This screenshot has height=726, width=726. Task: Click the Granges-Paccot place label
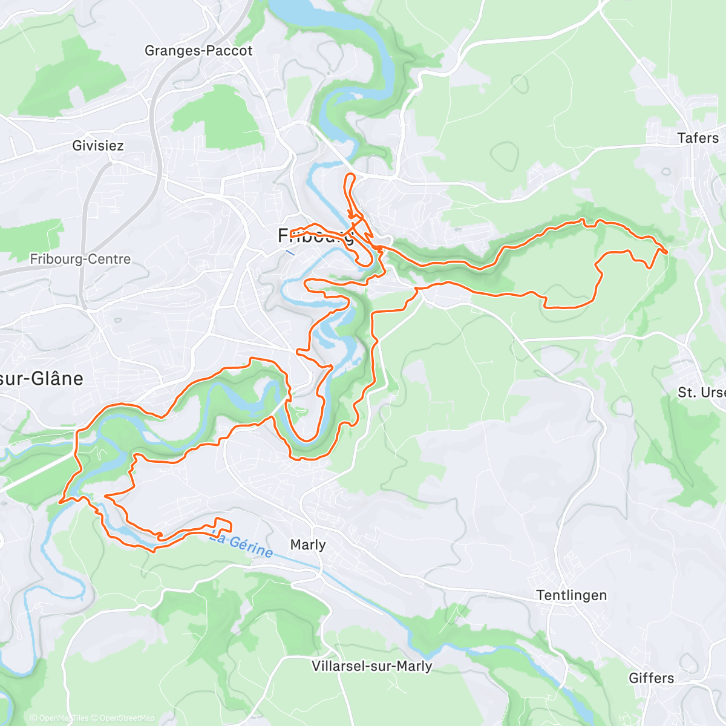pyautogui.click(x=198, y=51)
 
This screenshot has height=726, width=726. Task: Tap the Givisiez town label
pyautogui.click(x=98, y=146)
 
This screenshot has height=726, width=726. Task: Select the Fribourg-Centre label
pyautogui.click(x=80, y=260)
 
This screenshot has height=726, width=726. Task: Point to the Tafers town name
pyautogui.click(x=698, y=138)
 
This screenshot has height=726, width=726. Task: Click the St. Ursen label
pyautogui.click(x=701, y=393)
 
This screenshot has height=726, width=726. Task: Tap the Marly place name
pyautogui.click(x=308, y=545)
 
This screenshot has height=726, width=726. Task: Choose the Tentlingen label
pyautogui.click(x=571, y=595)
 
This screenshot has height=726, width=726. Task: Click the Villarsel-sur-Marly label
pyautogui.click(x=371, y=666)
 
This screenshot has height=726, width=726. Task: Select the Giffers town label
pyautogui.click(x=651, y=678)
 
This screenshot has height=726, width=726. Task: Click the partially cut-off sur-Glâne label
pyautogui.click(x=41, y=379)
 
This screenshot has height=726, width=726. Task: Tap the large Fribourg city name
pyautogui.click(x=315, y=236)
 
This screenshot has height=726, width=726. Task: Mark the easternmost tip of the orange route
pyautogui.click(x=667, y=251)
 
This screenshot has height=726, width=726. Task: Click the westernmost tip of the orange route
pyautogui.click(x=59, y=502)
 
